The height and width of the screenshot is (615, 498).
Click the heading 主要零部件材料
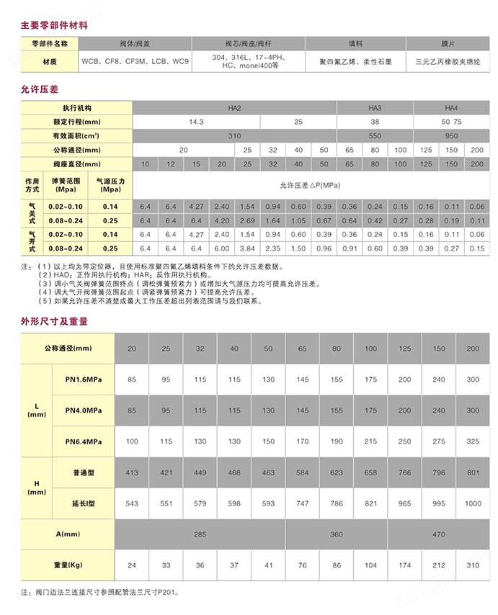point(55,24)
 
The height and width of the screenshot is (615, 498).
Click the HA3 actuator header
point(375,107)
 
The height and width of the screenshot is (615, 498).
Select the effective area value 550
point(375,135)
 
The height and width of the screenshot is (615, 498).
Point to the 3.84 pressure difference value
point(247,248)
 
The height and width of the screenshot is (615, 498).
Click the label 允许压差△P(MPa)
point(310,185)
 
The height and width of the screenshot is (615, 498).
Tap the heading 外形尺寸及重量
point(55,321)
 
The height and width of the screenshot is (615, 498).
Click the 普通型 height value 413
point(132,472)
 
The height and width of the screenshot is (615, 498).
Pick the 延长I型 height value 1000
point(473,503)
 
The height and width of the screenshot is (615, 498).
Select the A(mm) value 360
point(337,534)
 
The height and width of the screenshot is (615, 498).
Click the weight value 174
point(404,565)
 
